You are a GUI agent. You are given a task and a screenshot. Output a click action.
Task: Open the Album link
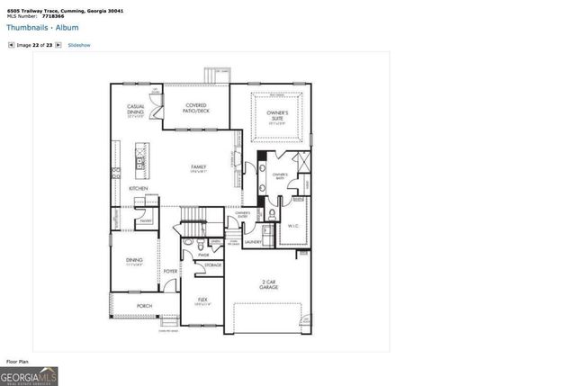66,28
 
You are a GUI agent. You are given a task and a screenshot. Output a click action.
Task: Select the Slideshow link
79,44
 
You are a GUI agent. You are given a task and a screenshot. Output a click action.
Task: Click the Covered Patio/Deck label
196,108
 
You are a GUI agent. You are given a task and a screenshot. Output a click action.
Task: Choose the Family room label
198,168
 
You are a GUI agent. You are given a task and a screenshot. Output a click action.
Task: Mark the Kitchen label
138,188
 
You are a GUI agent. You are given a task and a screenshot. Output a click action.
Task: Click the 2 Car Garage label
269,285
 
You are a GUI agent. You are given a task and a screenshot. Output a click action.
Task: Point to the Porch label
144,306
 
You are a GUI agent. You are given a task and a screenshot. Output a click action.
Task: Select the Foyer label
170,270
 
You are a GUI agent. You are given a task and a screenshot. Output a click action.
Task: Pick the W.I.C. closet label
293,227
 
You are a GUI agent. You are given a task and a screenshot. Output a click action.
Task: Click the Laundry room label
252,241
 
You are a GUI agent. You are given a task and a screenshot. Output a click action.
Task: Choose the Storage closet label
213,265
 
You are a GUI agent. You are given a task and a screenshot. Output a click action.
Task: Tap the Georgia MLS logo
30,374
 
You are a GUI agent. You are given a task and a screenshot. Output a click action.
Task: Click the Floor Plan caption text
18,361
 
